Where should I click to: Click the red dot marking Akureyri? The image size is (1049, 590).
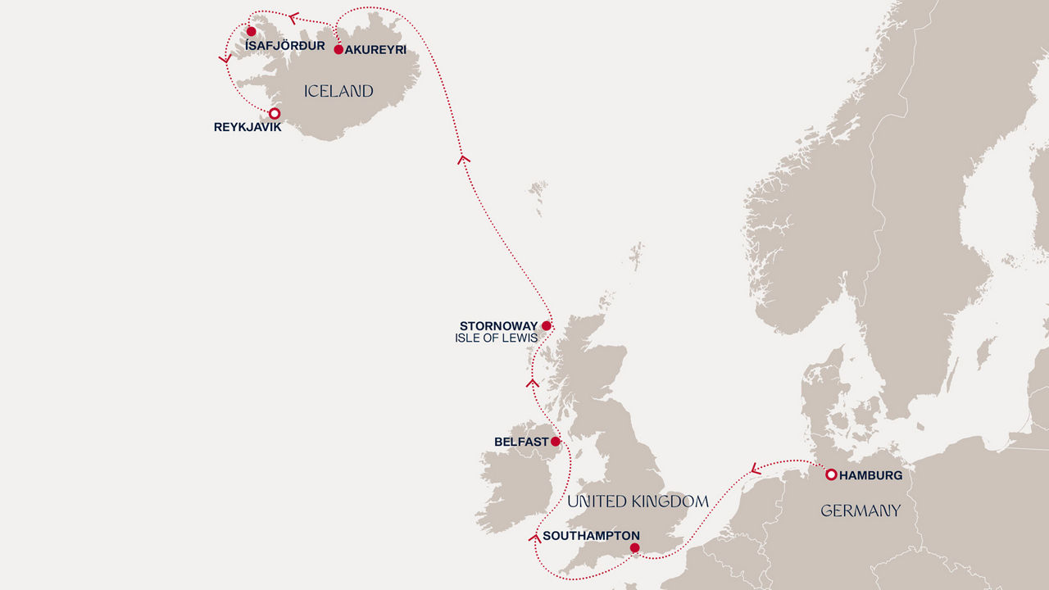pyautogui.click(x=338, y=49)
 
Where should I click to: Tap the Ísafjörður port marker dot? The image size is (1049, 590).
pyautogui.click(x=252, y=32)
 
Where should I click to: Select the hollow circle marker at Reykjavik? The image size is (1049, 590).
pyautogui.click(x=275, y=113)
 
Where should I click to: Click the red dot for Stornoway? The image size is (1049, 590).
pyautogui.click(x=547, y=325)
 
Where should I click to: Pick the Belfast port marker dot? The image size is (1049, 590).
pyautogui.click(x=556, y=441)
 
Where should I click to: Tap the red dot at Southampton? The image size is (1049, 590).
pyautogui.click(x=634, y=547)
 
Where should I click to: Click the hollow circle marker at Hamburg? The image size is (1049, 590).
pyautogui.click(x=830, y=474)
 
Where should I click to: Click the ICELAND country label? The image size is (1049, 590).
pyautogui.click(x=338, y=92)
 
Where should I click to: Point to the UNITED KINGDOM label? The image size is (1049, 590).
pyautogui.click(x=638, y=501)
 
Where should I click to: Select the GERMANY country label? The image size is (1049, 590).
pyautogui.click(x=861, y=511)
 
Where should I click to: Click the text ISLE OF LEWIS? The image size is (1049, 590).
pyautogui.click(x=496, y=338)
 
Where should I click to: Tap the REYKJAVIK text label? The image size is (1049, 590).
pyautogui.click(x=247, y=128)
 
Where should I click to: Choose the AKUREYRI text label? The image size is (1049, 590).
pyautogui.click(x=375, y=50)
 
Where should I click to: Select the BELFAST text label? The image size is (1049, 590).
pyautogui.click(x=521, y=442)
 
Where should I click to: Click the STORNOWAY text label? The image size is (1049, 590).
pyautogui.click(x=498, y=326)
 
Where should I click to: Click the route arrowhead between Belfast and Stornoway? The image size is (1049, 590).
pyautogui.click(x=533, y=383)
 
